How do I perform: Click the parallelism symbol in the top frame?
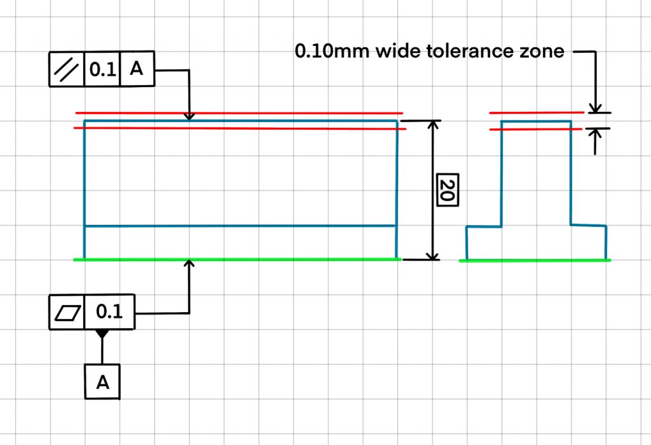coord(66,69)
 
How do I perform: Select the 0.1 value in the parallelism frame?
coord(102,69)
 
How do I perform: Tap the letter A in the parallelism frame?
coord(137,68)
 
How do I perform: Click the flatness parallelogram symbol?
coord(67,313)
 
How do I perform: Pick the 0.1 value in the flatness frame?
coord(109,311)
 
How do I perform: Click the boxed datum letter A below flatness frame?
coord(102,382)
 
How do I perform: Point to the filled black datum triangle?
coord(102,334)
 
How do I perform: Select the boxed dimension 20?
coord(448,189)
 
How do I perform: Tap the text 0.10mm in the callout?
coord(332,51)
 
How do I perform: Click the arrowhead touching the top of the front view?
coord(189,116)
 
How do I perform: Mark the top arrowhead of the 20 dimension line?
coord(433,125)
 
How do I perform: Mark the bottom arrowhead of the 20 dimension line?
coord(433,255)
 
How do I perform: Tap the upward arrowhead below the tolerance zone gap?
coord(595,133)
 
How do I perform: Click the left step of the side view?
coord(484,243)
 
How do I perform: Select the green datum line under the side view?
coord(535,261)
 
